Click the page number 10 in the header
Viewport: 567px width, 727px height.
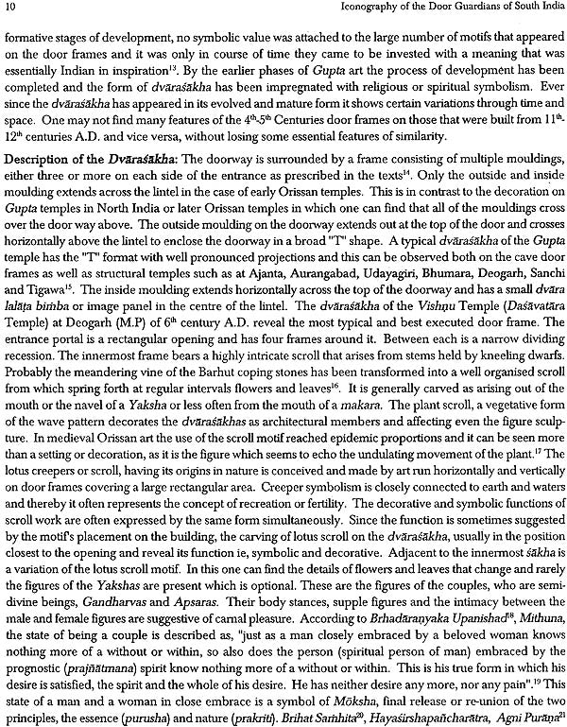[10, 10]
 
